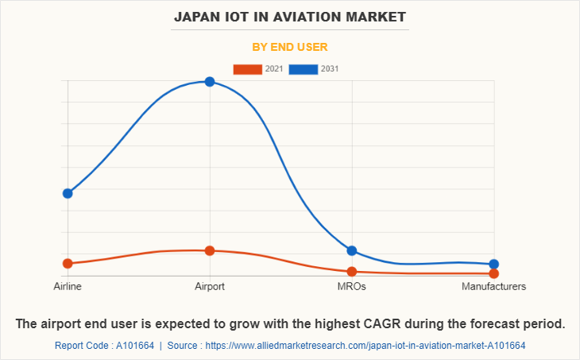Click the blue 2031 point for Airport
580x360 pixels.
click(x=210, y=81)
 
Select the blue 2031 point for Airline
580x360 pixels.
click(x=68, y=193)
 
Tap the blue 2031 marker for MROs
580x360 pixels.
click(x=352, y=251)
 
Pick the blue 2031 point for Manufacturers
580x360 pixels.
click(x=494, y=264)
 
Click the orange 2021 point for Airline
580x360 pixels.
click(x=68, y=263)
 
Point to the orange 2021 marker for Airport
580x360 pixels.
click(x=210, y=250)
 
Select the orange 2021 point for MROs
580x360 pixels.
click(x=352, y=272)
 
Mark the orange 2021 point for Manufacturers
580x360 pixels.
click(x=494, y=273)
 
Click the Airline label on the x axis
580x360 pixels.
click(x=68, y=286)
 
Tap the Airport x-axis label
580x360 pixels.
click(x=210, y=286)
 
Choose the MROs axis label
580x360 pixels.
click(x=352, y=286)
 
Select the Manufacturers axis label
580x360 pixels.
click(x=493, y=286)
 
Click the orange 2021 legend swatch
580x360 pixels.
click(x=247, y=69)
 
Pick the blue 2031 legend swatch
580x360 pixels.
click(x=304, y=69)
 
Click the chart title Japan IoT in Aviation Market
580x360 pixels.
click(x=290, y=16)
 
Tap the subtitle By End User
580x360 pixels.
click(x=290, y=47)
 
